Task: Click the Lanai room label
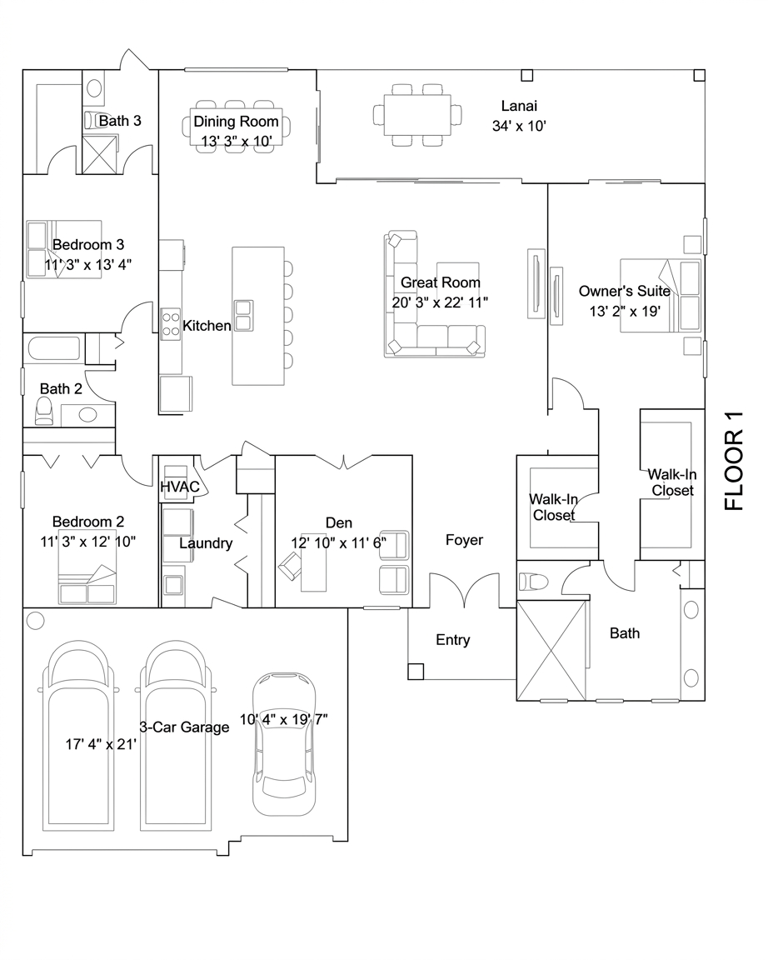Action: pos(519,106)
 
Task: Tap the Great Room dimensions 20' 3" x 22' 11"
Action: pos(440,302)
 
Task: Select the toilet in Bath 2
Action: pos(44,411)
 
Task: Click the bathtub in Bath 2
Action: pos(54,349)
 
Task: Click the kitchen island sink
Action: pos(243,316)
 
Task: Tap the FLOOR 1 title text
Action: pos(733,460)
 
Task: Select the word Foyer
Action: pos(464,540)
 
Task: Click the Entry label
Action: pos(453,640)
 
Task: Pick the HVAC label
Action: pos(180,487)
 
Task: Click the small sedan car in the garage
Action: pos(285,744)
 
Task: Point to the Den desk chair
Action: pos(290,566)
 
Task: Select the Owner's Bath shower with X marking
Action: pos(552,650)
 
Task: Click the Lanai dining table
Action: pos(418,115)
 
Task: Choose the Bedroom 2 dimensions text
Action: pos(88,542)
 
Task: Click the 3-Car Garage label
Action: pos(184,727)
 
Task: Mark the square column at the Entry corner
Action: pos(416,672)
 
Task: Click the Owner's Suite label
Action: pos(625,291)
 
